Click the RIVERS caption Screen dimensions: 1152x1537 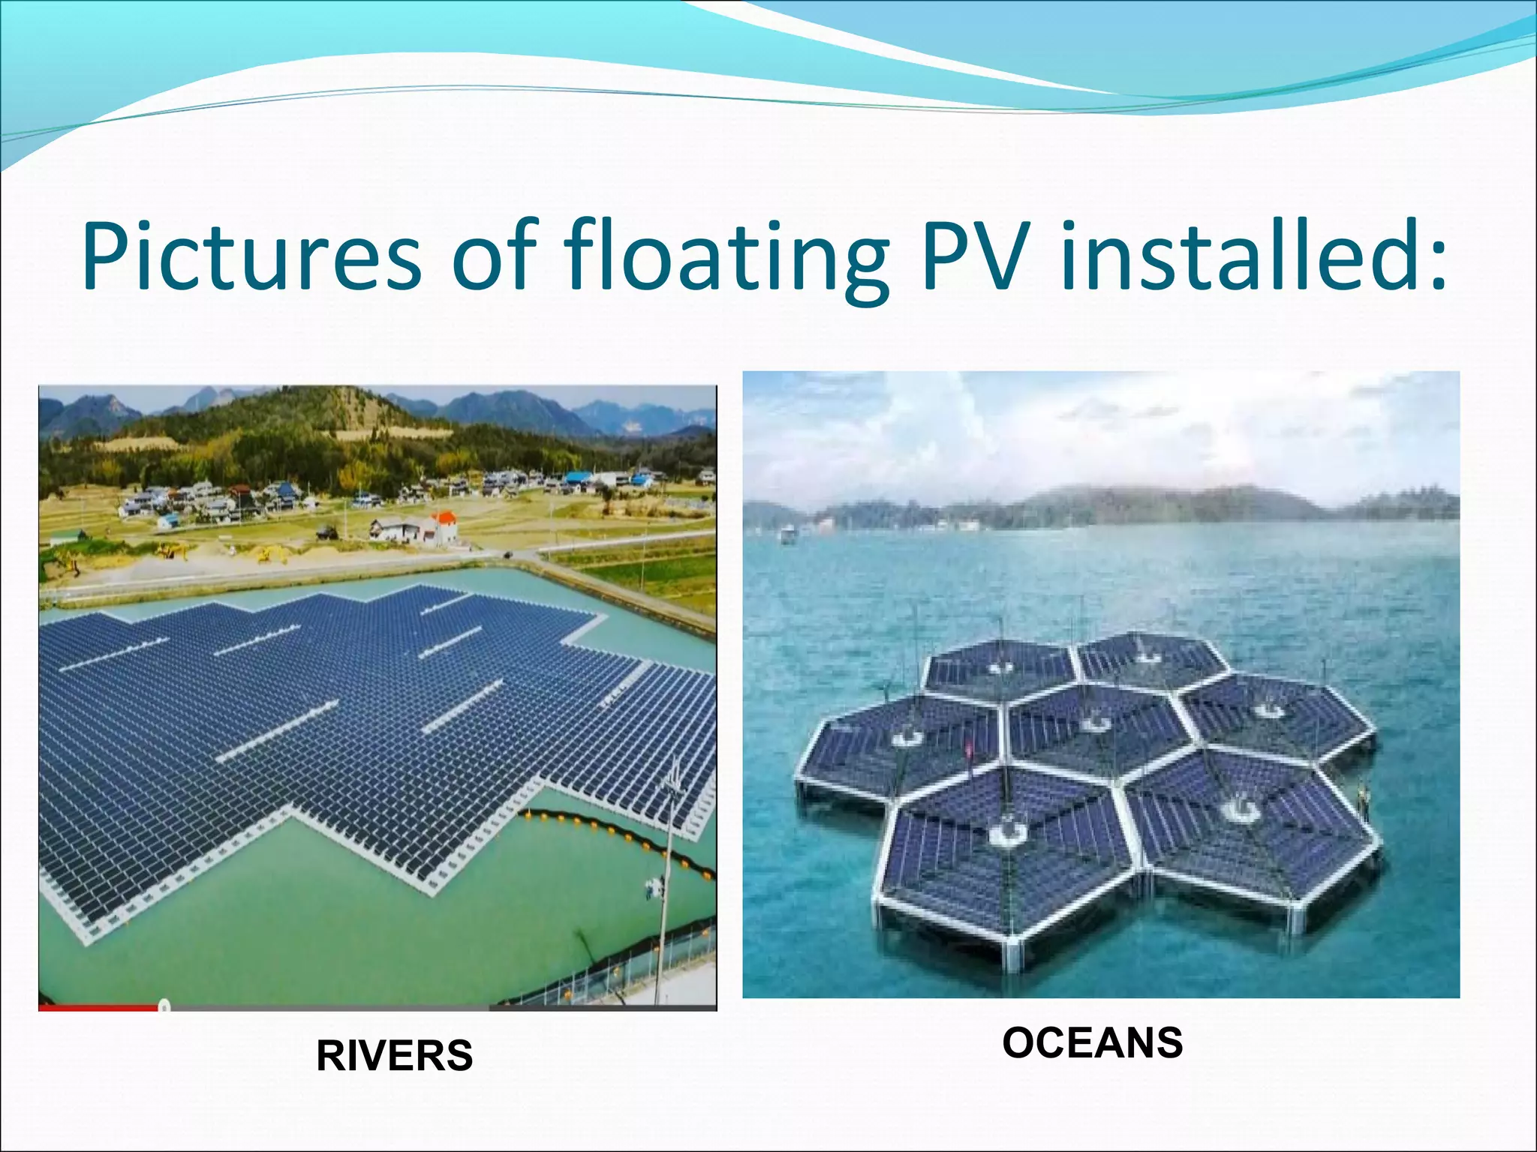[394, 1056]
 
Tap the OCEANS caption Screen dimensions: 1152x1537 [1092, 1042]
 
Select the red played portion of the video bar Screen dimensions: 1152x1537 [98, 1007]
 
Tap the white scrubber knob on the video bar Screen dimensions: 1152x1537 [164, 1006]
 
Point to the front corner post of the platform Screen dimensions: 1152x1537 [1013, 956]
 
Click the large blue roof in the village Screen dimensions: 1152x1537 [578, 475]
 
